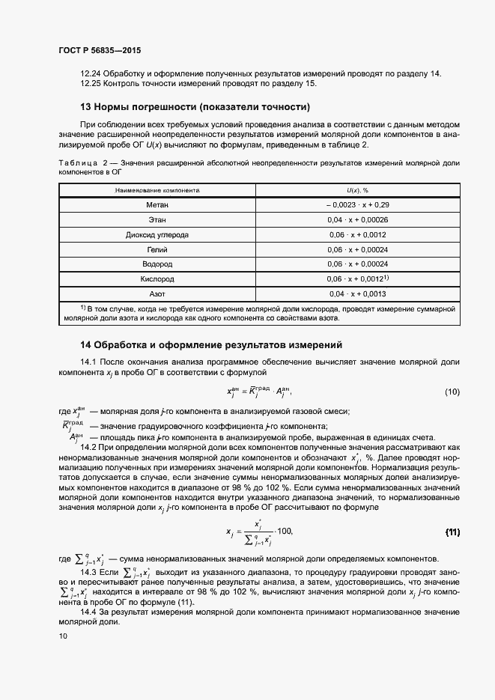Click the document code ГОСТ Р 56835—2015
(99, 50)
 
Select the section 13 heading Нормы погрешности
(195, 106)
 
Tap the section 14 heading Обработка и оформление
(211, 345)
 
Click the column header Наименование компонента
(157, 191)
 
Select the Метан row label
(157, 204)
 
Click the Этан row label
(157, 219)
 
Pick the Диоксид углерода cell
(157, 234)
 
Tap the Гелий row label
(157, 249)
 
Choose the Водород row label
(157, 264)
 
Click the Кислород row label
(157, 279)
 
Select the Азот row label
(157, 294)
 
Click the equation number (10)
(452, 392)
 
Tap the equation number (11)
(452, 532)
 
